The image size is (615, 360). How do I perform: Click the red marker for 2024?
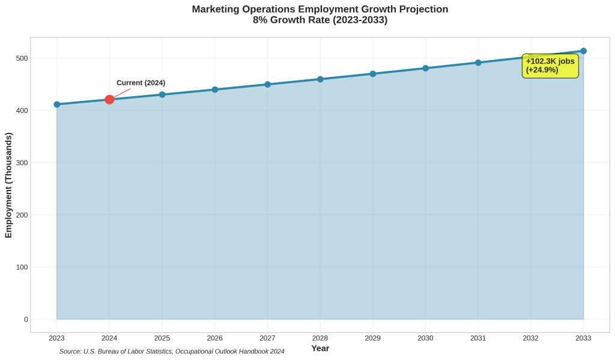coord(109,99)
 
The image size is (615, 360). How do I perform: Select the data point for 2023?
coord(57,104)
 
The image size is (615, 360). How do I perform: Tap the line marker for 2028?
coord(320,79)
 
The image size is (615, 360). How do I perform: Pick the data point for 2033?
coord(583,51)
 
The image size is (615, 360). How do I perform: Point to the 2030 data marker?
coord(425,68)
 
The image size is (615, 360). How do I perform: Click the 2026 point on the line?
coord(214,90)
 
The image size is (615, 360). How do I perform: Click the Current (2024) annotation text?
coord(141,83)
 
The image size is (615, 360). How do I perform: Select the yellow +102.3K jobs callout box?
coord(550,66)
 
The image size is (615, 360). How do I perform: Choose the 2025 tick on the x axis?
coord(162,338)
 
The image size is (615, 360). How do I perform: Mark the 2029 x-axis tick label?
coord(372,338)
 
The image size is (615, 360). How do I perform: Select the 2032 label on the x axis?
coord(530,338)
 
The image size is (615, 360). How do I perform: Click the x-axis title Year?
coord(320,349)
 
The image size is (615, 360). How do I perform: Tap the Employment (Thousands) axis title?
coord(8,184)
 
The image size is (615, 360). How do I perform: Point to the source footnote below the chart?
coord(172,351)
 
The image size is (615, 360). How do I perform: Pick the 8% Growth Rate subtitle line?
coord(320,20)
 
